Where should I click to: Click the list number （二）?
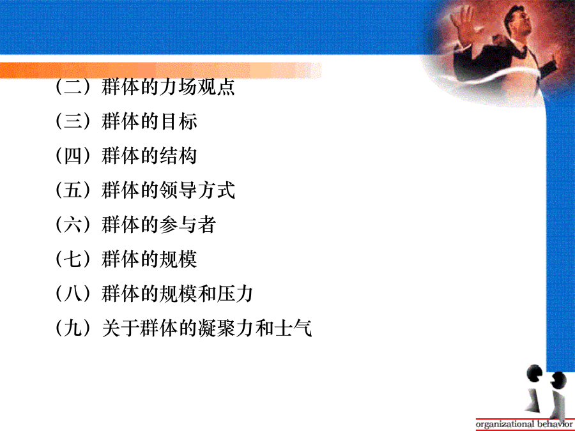(73, 87)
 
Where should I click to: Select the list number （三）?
(73, 121)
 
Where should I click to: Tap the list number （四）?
(73, 155)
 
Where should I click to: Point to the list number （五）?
(73, 190)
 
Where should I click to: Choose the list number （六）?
(73, 224)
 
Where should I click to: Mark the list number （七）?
(73, 259)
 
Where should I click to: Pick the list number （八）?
(73, 293)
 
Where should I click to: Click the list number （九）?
(73, 328)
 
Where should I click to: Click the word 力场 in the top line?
(178, 87)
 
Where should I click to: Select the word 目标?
(179, 121)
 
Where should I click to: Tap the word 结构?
(179, 156)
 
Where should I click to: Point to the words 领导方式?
(197, 190)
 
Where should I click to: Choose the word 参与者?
(188, 225)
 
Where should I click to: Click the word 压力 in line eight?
(234, 294)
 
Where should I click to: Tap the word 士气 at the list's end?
(293, 328)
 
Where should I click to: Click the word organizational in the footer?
(505, 425)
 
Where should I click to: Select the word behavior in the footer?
(555, 424)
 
